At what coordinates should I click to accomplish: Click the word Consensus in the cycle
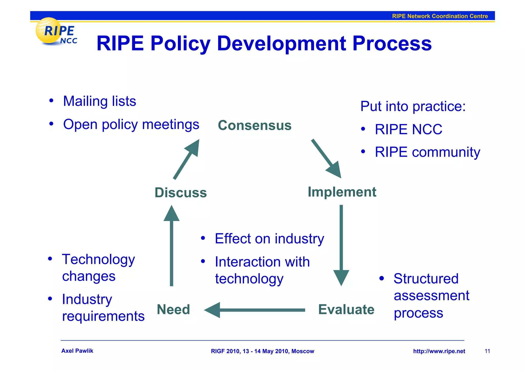[255, 125]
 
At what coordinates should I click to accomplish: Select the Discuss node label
[180, 193]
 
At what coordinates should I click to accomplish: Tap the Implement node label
[342, 192]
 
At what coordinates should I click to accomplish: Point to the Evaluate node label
[346, 309]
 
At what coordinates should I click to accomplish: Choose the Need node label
[173, 309]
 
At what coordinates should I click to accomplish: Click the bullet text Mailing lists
[99, 101]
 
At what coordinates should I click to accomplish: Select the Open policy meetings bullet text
[131, 125]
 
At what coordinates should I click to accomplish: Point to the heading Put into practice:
[413, 106]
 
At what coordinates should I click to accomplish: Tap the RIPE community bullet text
[427, 152]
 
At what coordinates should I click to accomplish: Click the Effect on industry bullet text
[269, 239]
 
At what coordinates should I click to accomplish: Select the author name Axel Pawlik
[77, 351]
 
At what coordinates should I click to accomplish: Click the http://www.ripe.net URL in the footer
[439, 351]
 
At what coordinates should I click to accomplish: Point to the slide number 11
[487, 351]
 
